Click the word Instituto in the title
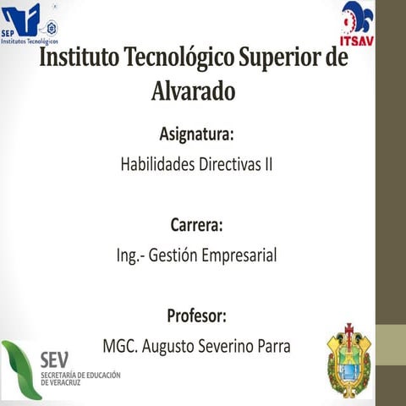tap(79, 59)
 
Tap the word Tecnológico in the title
tap(178, 59)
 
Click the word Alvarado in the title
tap(193, 90)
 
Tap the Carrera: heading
tap(196, 226)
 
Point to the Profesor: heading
tap(196, 316)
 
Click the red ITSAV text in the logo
tap(356, 40)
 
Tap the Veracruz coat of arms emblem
tap(348, 361)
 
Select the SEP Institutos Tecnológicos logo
tap(29, 23)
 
